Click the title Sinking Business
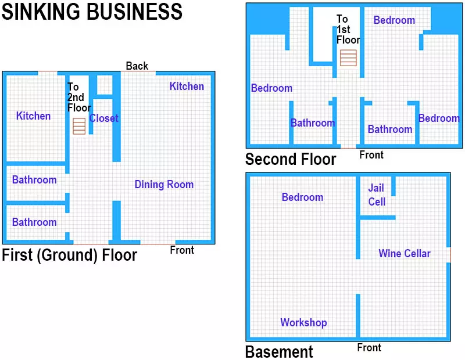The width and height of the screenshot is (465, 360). coord(92,12)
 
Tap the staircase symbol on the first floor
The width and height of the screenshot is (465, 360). coord(79,126)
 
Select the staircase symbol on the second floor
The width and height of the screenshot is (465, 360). coord(348,58)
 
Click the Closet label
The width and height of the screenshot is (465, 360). coord(104,118)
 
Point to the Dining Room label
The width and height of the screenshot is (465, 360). coord(164,185)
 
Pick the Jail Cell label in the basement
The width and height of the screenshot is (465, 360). coord(377,195)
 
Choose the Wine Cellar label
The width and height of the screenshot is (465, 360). coord(405,253)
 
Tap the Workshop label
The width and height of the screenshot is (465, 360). coord(303,322)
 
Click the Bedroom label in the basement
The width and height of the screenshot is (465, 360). coord(302,197)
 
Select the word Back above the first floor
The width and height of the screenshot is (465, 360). coord(137,66)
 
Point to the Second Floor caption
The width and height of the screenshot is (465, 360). coord(291,159)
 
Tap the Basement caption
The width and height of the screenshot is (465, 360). coord(279,352)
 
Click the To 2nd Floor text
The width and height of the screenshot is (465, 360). coord(79,97)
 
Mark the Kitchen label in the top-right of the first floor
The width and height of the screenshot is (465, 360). coord(187,87)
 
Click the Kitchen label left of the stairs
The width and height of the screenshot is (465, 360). coord(33,116)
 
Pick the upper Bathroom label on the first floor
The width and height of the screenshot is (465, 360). coord(34,180)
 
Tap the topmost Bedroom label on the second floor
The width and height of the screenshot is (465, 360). coord(394,20)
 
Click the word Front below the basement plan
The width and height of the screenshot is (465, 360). coord(369,348)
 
